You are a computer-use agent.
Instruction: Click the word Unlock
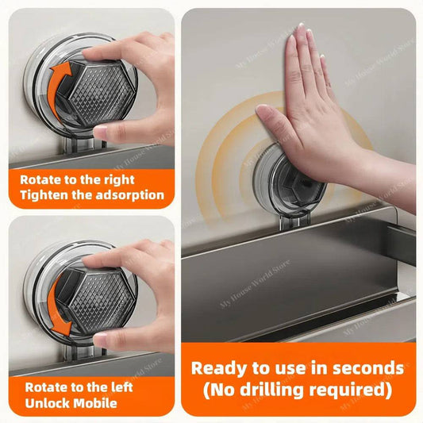(x=47, y=403)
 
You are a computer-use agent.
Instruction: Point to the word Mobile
(x=95, y=403)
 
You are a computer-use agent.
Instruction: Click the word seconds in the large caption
(x=368, y=368)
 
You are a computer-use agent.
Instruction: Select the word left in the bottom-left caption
(x=122, y=387)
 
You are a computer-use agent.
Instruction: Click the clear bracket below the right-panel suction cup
(x=294, y=222)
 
